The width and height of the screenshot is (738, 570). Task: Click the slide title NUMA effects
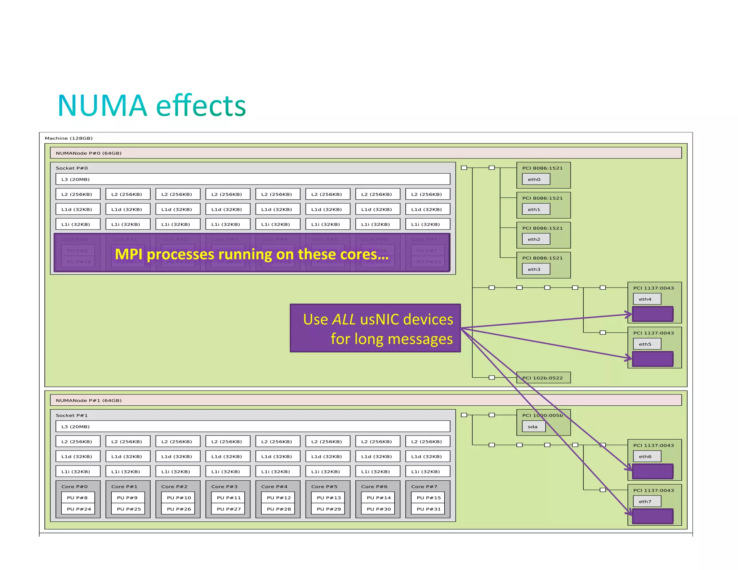[x=151, y=106]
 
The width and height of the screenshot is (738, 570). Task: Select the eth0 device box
[x=536, y=179]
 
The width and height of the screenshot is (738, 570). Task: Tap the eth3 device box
[x=536, y=269]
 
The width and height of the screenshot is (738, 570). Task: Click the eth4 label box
[x=647, y=299]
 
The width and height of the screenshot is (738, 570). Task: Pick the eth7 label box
[x=647, y=501]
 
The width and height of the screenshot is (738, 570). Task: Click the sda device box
[x=533, y=427]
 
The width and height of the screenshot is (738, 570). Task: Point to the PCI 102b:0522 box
[x=543, y=378]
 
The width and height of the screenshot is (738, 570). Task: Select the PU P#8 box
[x=78, y=498]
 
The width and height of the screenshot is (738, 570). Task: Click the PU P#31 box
[x=428, y=509]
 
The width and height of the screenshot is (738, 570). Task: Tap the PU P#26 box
[x=179, y=509]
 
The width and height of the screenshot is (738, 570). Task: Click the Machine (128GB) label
[x=69, y=138]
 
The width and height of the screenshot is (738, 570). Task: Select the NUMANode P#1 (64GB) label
[x=89, y=400]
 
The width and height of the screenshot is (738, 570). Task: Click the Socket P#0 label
[x=72, y=168]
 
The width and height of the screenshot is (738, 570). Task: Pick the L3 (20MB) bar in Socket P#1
[x=252, y=427]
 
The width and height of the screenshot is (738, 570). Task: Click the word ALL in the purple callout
[x=344, y=320]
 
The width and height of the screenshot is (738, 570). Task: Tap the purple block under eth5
[x=653, y=359]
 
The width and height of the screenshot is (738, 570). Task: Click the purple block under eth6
[x=653, y=471]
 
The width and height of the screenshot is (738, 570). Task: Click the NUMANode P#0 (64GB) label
[x=89, y=153]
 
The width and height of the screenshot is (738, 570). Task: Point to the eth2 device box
[x=536, y=239]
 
